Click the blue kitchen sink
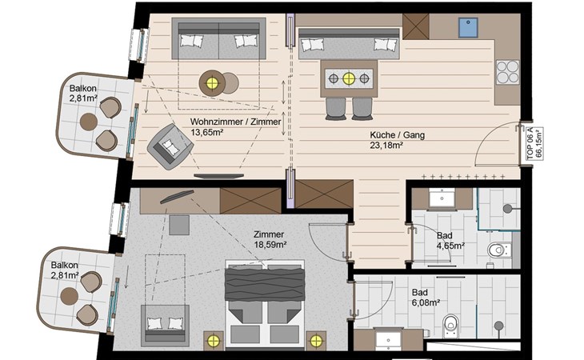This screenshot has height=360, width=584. pyautogui.click(x=468, y=27)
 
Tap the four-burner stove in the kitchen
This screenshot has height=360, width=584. pyautogui.click(x=507, y=72)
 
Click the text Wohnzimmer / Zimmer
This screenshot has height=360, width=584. pyautogui.click(x=235, y=122)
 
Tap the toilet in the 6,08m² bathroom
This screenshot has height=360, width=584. pyautogui.click(x=450, y=322)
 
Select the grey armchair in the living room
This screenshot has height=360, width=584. pyautogui.click(x=170, y=145)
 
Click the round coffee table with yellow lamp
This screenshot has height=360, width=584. pyautogui.click(x=212, y=83)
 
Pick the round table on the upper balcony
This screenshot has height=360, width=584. pyautogui.click(x=89, y=122)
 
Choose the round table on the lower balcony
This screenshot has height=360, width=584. pyautogui.click(x=70, y=296)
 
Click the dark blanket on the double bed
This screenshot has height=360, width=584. pyautogui.click(x=265, y=285)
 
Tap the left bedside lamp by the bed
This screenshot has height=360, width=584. pyautogui.click(x=214, y=340)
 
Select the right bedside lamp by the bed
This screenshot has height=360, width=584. pyautogui.click(x=316, y=340)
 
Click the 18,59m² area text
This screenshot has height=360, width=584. pyautogui.click(x=270, y=245)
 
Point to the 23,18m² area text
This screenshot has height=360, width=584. pyautogui.click(x=386, y=146)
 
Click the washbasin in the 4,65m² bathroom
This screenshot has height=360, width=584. pyautogui.click(x=442, y=198)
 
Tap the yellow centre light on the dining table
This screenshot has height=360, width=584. pyautogui.click(x=349, y=78)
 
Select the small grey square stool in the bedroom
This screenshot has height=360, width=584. pyautogui.click(x=179, y=225)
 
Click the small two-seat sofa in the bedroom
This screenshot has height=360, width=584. pyautogui.click(x=165, y=326)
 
